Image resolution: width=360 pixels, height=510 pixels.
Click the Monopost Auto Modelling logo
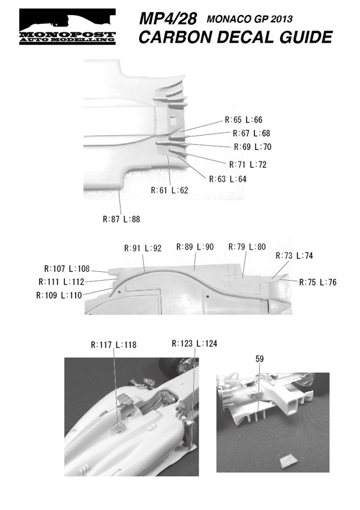67,27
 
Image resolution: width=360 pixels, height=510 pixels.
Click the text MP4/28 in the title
168,20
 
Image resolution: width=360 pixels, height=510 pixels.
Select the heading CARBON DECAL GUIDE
235,38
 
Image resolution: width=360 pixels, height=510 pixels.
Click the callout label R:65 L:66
244,120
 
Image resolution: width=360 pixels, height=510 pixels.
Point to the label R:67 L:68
251,133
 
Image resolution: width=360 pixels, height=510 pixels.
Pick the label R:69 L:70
253,147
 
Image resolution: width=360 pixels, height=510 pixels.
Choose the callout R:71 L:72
248,164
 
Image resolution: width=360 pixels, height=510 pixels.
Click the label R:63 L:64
227,179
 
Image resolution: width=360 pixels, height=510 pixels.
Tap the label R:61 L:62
170,191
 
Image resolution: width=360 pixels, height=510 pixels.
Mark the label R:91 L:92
143,248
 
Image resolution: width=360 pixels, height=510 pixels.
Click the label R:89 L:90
195,247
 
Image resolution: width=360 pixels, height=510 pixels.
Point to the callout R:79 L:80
247,247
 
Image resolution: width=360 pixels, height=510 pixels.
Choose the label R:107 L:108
67,269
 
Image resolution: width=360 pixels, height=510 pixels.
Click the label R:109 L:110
58,295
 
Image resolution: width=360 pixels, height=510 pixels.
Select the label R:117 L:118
114,345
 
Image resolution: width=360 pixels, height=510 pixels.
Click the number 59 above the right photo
259,359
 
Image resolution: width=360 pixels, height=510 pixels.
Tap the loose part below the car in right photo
288,460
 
